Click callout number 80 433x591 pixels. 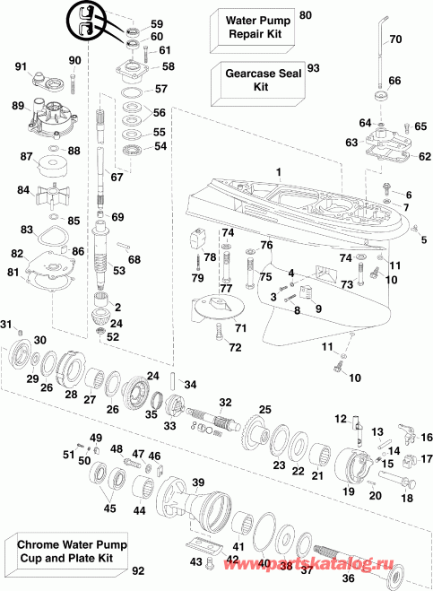pos(306,15)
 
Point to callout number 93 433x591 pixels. pos(313,68)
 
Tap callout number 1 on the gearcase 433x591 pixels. pos(278,171)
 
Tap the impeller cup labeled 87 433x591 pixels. pos(56,166)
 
